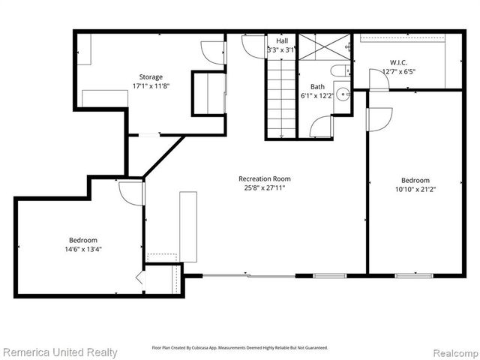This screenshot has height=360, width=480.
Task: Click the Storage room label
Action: tap(150, 76)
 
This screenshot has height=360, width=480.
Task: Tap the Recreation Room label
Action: tap(264, 178)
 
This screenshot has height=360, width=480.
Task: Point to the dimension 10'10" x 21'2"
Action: tap(415, 190)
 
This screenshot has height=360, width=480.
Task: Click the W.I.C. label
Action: tap(397, 62)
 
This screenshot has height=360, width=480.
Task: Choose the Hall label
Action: tap(281, 41)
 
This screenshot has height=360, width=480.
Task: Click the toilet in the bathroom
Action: tap(340, 71)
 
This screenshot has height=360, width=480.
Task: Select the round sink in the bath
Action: tap(341, 94)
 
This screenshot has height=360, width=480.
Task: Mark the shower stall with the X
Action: tap(324, 47)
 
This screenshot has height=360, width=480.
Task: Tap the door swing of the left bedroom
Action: tap(132, 193)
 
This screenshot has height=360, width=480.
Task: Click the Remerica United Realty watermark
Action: tap(60, 352)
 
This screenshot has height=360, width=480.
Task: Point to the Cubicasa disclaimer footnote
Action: tap(240, 348)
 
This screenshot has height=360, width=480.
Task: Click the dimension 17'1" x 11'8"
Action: tap(150, 86)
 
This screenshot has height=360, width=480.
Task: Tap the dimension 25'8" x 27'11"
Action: tap(264, 187)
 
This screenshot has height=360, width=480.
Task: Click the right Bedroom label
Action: tap(415, 180)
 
